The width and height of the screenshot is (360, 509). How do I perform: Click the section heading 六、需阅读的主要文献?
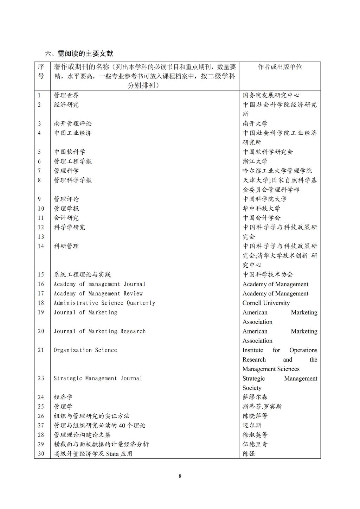pos(79,54)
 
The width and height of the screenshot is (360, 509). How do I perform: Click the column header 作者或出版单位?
pos(280,67)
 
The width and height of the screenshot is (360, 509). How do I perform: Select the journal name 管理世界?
pos(66,95)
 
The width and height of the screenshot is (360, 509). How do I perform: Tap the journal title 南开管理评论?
pos(73,123)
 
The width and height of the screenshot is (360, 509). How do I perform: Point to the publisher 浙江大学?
pos(255,161)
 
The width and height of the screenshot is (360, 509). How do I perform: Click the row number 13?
pos(41,237)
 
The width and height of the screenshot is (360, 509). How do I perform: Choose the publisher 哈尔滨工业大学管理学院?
pos(277,171)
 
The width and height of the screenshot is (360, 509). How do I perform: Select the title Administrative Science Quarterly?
pos(104,303)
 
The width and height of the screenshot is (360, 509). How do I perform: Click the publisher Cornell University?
pos(266,303)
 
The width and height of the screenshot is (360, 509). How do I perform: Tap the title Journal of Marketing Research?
pos(99,331)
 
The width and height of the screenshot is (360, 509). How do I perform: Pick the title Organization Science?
pos(85,350)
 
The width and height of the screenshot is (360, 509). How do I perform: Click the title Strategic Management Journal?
pos(98,378)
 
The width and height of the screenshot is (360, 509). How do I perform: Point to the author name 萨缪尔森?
pos(255,397)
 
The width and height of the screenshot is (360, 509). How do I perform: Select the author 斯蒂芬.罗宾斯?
pos(262,407)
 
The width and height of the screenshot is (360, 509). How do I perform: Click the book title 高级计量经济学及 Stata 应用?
pos(93,454)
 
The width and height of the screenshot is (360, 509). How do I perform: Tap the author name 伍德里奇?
pos(255,444)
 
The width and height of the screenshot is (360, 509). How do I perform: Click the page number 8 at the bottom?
pos(180,476)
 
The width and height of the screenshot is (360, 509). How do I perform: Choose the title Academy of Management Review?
pos(98,293)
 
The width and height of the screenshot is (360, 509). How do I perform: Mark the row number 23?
pos(41,378)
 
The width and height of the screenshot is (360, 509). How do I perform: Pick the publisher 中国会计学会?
pos(262,218)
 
